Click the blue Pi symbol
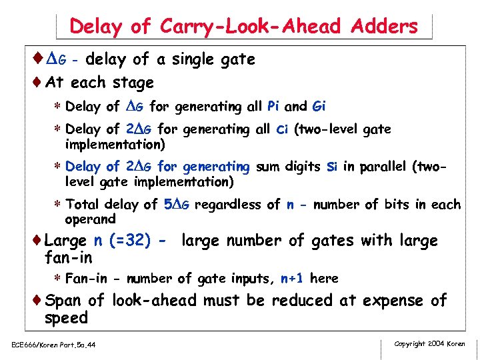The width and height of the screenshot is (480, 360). click(273, 106)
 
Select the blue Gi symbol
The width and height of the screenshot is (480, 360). click(319, 106)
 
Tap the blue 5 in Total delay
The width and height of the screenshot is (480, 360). click(167, 205)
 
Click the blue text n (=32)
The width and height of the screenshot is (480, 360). click(117, 241)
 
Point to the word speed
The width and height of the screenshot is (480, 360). click(67, 318)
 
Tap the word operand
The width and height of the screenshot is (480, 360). click(90, 219)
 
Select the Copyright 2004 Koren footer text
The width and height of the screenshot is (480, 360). click(430, 344)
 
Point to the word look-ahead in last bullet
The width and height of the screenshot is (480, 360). click(154, 301)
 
